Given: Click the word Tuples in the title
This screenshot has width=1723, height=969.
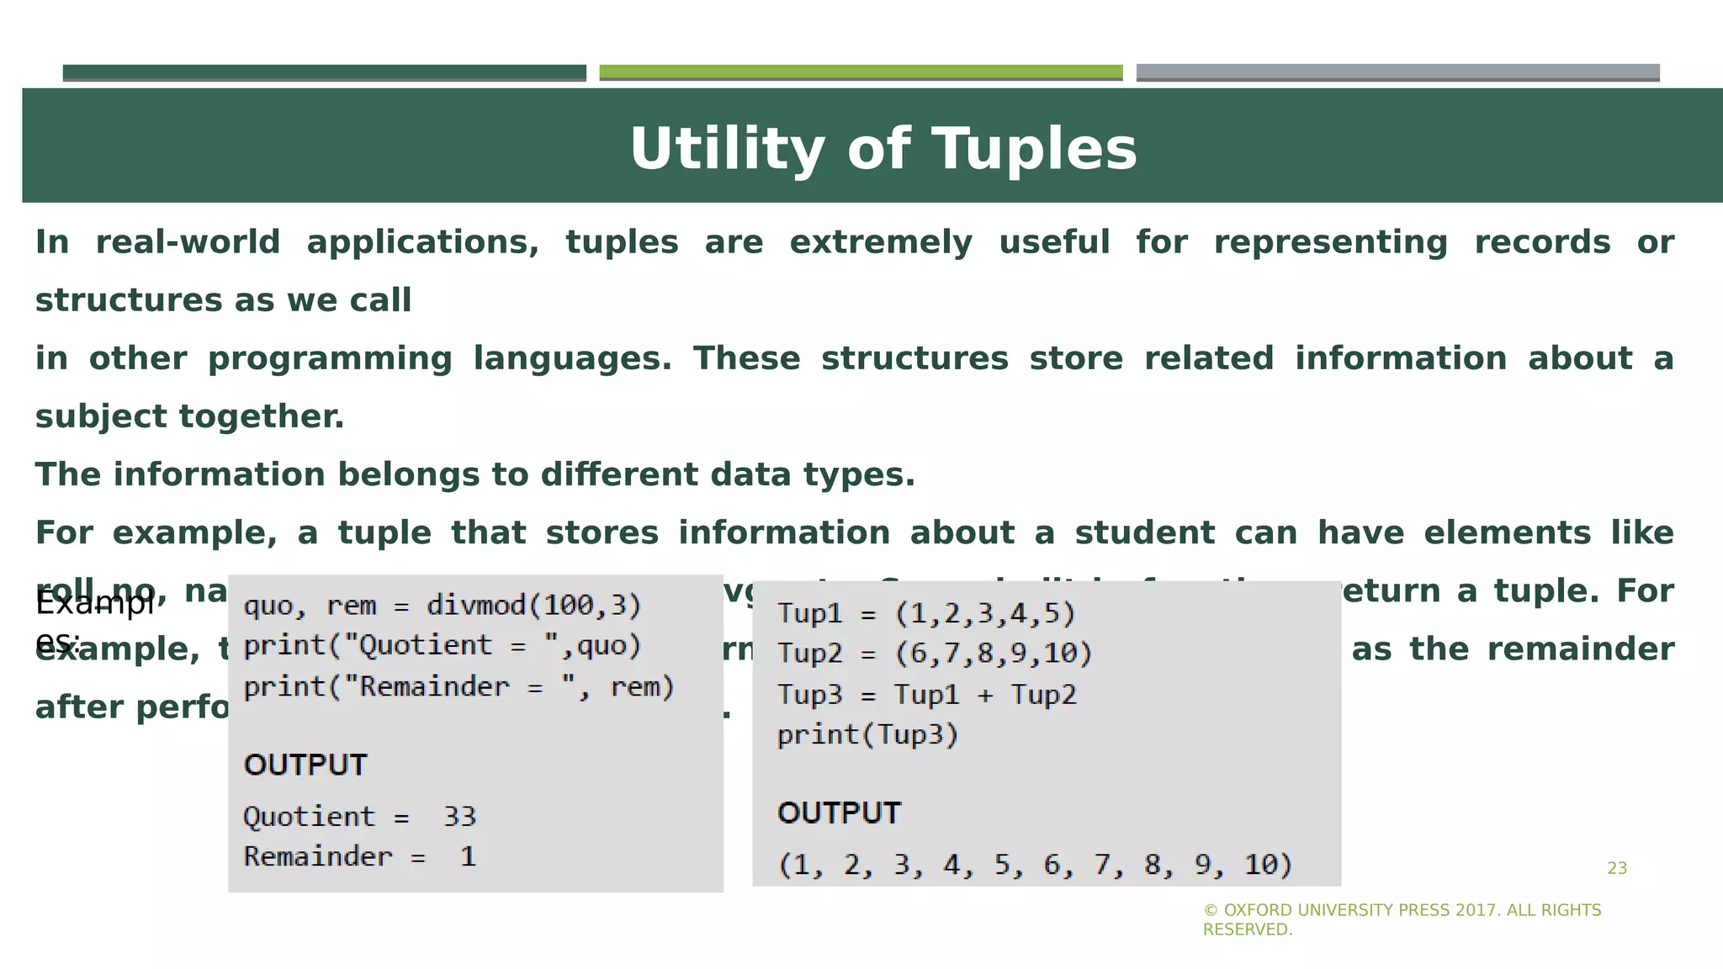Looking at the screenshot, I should pos(1036,150).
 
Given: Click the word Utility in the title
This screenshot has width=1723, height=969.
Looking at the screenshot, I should pos(725,150).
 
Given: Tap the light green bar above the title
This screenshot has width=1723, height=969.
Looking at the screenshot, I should pos(860,72).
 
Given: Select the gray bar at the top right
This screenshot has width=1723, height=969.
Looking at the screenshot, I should pos(1397,72).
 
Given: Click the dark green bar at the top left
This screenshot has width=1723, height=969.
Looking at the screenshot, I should pos(324,72).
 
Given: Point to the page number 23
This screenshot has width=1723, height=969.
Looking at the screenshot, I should pos(1617,869).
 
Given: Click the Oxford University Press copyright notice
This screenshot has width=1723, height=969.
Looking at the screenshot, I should pos(1402,919).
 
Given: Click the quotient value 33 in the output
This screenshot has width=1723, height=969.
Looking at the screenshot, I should pos(459,817).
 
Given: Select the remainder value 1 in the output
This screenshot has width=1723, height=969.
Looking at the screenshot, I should pos(468,857).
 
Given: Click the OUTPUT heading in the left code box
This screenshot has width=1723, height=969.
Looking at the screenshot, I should pos(305,765).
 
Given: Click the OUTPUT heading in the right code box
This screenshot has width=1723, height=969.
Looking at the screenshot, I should pos(839,813).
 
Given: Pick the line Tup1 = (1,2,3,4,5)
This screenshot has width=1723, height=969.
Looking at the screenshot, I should pos(926,613).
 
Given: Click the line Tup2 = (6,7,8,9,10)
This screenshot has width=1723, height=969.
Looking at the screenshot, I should pos(934,654).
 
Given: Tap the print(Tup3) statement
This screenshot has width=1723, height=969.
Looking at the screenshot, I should pos(867,735).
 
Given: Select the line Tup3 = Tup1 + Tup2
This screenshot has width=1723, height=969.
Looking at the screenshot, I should pos(926,695).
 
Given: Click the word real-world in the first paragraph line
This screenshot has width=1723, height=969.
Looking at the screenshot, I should pos(188,242).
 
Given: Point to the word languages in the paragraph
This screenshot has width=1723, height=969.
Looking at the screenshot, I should pos(571,359).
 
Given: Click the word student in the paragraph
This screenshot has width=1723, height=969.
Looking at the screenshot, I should pos(1144,533).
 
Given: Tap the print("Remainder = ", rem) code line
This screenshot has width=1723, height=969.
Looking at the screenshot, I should pos(459,687).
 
